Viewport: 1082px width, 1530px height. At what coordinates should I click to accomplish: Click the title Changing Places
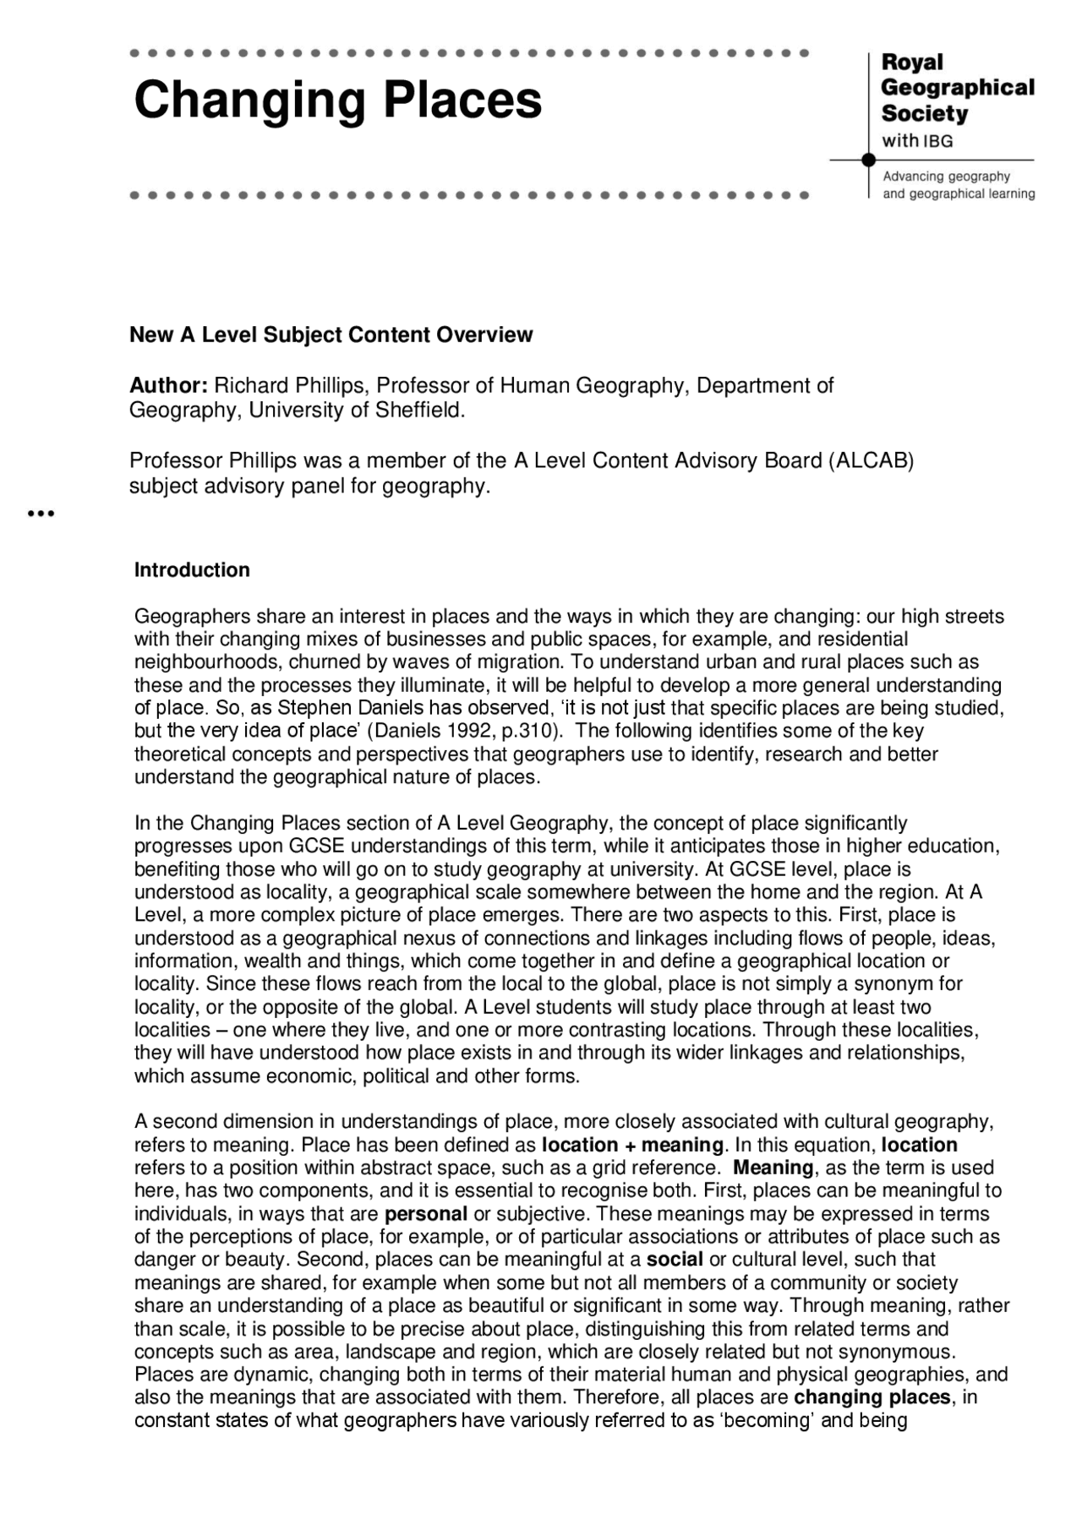coord(337,101)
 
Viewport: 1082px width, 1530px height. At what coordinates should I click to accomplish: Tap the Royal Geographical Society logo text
coord(957,88)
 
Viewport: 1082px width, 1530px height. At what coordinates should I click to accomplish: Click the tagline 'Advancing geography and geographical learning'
coord(958,185)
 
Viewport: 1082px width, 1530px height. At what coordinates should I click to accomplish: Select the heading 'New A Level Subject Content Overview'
coord(331,335)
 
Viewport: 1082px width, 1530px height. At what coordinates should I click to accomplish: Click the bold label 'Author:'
coord(168,386)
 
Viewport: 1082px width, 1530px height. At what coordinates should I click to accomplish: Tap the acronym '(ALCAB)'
coord(872,461)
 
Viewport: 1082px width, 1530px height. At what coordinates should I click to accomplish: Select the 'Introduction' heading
coord(192,570)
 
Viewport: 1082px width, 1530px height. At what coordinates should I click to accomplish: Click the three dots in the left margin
coord(41,513)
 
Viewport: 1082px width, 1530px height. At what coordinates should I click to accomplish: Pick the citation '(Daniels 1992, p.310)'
coord(465,731)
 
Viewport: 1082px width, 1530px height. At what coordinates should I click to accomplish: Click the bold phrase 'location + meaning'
coord(632,1146)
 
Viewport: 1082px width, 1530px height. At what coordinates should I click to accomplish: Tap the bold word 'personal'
coord(425,1215)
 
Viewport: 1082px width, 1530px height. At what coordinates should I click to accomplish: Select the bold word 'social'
coord(675,1260)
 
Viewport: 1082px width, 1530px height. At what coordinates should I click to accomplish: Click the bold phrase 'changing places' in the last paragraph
coord(872,1397)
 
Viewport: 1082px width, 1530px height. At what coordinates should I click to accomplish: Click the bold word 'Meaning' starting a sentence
coord(773,1168)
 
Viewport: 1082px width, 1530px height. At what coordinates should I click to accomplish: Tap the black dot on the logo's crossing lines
coord(868,160)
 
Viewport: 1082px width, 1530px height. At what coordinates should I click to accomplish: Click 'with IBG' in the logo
coord(917,141)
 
